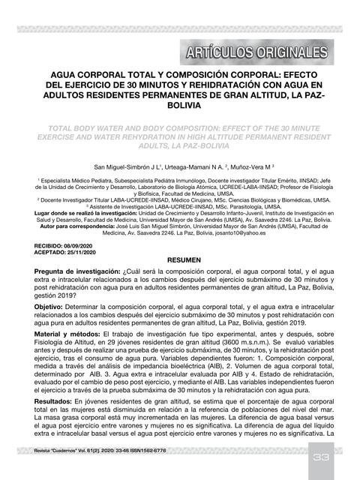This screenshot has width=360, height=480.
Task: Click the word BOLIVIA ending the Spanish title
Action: tap(180, 107)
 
